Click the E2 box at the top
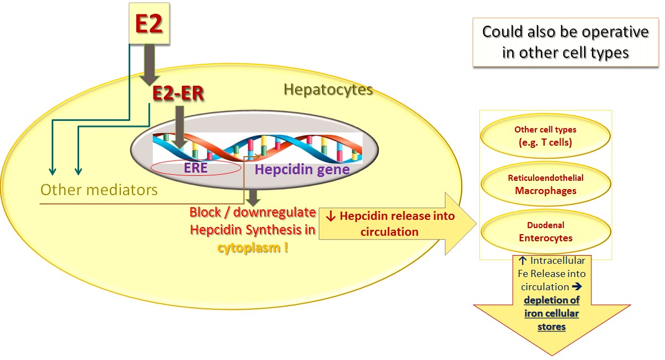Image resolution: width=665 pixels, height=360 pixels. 148,24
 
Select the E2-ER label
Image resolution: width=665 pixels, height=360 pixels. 178,93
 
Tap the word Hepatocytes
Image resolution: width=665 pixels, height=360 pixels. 328,89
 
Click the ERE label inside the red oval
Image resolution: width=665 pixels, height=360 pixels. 196,168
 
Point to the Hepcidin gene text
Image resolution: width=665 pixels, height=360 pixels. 302,169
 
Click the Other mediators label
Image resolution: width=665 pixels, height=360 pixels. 99,190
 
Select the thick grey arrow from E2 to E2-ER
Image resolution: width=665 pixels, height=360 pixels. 149,63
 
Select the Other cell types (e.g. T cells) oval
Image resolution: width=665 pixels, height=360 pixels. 545,136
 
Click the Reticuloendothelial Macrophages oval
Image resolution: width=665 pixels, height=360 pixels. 545,184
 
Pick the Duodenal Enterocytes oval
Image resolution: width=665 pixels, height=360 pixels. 545,231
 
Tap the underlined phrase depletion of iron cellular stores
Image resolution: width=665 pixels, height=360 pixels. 552,313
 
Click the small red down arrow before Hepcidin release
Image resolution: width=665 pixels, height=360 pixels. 331,216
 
